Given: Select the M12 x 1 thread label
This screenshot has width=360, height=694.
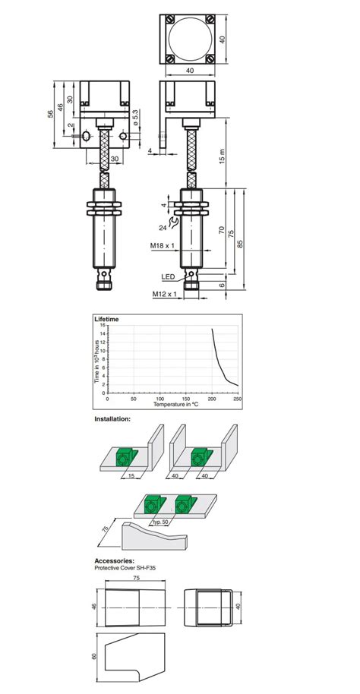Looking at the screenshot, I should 164,294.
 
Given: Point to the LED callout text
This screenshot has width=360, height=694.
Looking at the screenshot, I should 169,276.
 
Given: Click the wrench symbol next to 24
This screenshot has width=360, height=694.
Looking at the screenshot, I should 175,222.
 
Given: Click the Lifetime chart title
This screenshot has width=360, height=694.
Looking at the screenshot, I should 106,320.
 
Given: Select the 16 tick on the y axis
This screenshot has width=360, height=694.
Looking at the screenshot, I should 102,325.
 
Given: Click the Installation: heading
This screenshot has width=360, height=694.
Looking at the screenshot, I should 112,418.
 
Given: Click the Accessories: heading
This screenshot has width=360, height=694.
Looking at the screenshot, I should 113,561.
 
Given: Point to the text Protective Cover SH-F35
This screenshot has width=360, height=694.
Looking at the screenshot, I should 126,568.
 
